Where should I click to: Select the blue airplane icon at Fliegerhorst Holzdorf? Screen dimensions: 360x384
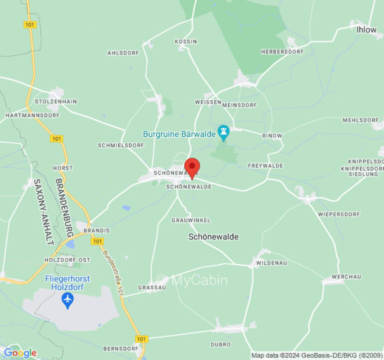68,299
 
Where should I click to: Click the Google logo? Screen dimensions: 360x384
20,353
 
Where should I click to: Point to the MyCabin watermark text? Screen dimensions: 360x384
192,280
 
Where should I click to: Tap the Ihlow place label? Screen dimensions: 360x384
366,30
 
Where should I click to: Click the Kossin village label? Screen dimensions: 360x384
186,41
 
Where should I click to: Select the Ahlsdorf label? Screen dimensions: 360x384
123,53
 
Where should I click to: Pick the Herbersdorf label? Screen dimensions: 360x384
282,52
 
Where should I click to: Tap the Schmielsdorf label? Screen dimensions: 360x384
121,145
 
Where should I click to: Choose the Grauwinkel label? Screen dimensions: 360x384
191,220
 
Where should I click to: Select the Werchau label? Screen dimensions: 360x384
346,277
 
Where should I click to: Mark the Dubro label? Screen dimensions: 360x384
221,344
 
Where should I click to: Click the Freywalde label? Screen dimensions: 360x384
266,166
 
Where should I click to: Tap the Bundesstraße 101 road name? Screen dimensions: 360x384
113,273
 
